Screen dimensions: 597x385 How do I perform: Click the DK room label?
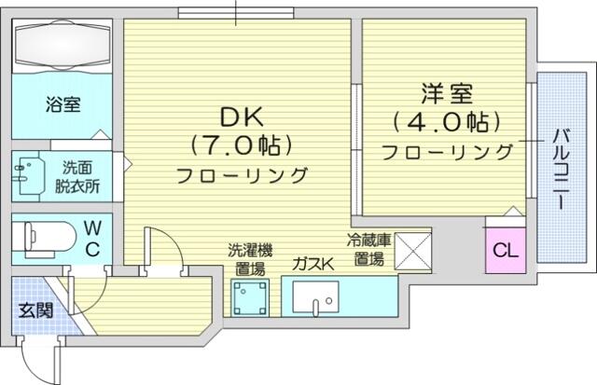pos(242,117)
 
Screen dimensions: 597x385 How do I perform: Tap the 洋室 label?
pos(447,93)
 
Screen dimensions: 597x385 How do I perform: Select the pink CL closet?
pos(506,250)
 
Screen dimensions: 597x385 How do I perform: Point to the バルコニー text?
pos(562,170)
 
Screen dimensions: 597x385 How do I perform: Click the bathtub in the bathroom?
pos(62,45)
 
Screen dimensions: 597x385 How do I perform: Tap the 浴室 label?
pos(62,104)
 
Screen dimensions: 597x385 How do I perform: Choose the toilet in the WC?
pos(44,238)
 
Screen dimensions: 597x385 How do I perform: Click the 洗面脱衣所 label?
pos(77,176)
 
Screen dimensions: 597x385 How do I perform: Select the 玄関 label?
pos(35,310)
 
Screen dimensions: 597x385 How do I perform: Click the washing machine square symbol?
pos(250,298)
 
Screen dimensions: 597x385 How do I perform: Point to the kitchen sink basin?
pos(315,296)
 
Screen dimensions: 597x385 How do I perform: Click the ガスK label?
pos(313,264)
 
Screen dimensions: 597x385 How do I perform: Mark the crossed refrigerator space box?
pos(412,251)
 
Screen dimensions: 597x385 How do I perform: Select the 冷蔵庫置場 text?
pos(368,250)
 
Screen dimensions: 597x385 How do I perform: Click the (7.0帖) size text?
pos(242,144)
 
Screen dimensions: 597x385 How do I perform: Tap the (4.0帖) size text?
pos(447,122)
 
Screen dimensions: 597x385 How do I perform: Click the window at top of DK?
pos(236,13)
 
